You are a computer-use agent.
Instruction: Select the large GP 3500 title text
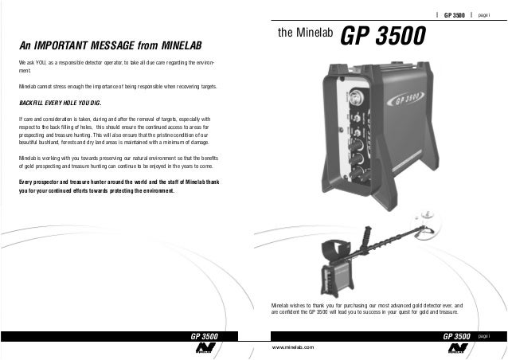[384, 36]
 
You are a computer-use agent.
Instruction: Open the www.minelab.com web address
[293, 348]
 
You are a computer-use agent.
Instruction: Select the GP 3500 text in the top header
[454, 16]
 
